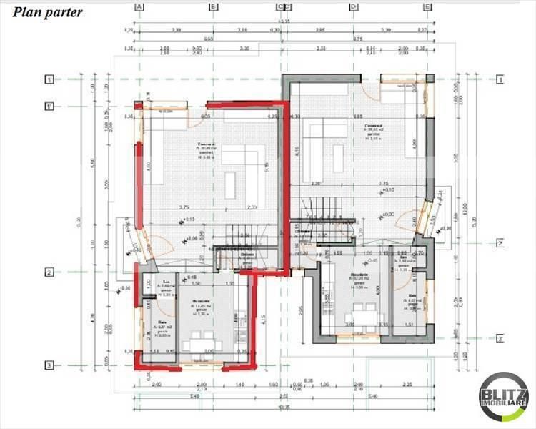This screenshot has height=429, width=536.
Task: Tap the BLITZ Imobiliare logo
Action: point(505,397)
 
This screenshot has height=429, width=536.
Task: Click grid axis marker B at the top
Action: point(212,7)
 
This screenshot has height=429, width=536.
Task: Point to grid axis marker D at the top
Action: point(353,7)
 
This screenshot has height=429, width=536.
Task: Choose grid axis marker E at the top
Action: point(427,7)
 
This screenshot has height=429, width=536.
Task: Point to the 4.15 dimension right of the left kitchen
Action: point(264,317)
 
